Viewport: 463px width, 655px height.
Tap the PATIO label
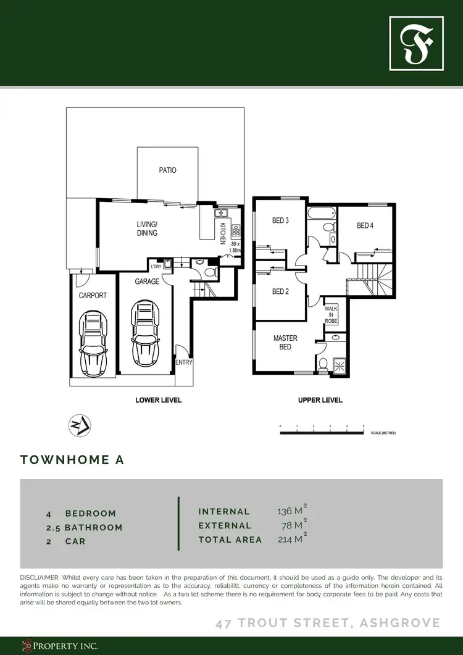point(167,170)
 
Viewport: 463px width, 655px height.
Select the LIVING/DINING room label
point(147,228)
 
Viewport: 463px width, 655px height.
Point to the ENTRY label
point(184,362)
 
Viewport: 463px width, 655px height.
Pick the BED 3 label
point(281,220)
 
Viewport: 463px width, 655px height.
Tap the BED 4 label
point(365,225)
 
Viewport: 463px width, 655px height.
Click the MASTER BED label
point(285,342)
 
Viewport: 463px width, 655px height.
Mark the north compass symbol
point(78,425)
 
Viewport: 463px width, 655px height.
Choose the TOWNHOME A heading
point(72,460)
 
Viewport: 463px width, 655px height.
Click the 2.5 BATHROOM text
point(84,527)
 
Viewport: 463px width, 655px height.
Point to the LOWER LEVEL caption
point(159,400)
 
